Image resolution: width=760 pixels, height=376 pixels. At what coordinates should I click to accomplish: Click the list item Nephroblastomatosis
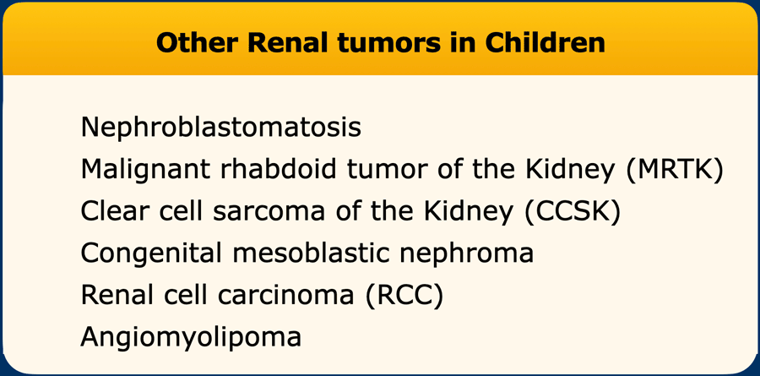pyautogui.click(x=221, y=127)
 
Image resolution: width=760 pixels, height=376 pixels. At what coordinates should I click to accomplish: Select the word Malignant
pyautogui.click(x=145, y=170)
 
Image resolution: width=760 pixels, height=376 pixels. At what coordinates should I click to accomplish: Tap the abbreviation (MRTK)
pyautogui.click(x=675, y=170)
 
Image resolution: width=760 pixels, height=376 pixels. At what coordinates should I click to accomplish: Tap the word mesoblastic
pyautogui.click(x=307, y=253)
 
